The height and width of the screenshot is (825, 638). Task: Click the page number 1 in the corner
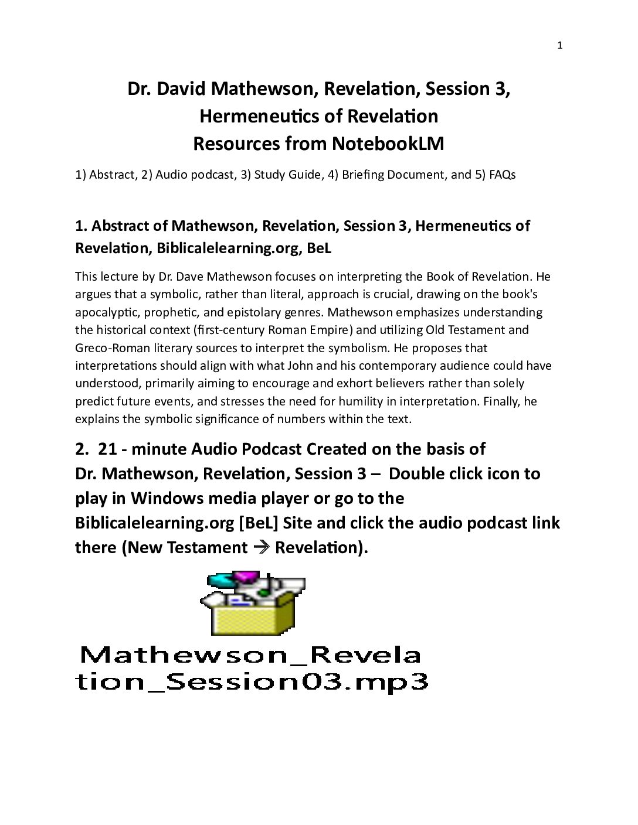coord(559,46)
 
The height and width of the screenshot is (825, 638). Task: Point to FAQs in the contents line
coord(502,175)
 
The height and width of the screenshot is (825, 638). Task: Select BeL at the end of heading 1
coord(319,248)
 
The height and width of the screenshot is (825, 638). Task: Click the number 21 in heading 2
coord(107,449)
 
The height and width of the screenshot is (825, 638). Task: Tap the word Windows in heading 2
coord(168,499)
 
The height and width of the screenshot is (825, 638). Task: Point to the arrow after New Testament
coord(261,548)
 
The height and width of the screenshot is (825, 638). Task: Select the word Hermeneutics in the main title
coord(260,116)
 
